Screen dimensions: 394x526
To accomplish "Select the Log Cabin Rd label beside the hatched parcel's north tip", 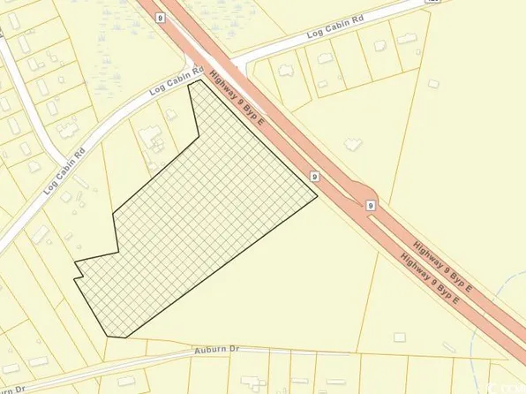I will pos(177,80).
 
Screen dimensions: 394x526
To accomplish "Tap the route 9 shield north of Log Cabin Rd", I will pos(160,16).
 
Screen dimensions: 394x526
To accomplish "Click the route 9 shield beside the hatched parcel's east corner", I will pos(314,177).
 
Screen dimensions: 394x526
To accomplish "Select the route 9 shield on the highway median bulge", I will pos(372,205).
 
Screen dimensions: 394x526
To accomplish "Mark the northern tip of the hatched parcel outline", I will pos(204,80).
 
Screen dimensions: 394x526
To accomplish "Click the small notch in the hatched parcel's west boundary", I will pos(78,275).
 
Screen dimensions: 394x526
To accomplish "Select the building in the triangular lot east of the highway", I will pos(354,145).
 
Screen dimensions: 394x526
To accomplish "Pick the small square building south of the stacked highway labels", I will pos(400,337).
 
